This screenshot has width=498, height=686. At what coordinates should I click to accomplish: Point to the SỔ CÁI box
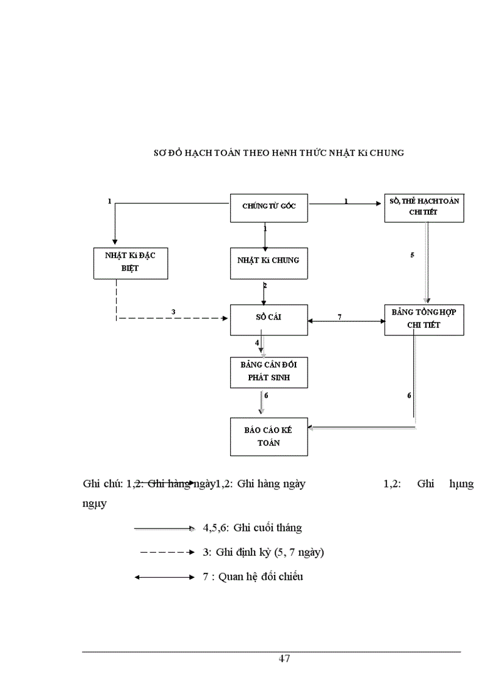269,318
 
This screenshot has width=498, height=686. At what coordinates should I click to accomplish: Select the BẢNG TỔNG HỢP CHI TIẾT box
424,318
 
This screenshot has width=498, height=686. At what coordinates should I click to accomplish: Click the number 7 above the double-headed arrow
339,315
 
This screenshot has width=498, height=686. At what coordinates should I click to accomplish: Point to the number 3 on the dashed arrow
173,312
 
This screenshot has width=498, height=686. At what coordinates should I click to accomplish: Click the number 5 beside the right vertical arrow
412,254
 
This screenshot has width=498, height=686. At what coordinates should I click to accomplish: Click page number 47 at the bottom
284,659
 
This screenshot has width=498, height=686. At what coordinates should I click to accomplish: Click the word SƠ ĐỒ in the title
166,153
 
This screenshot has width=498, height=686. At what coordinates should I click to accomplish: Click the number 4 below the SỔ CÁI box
257,343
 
